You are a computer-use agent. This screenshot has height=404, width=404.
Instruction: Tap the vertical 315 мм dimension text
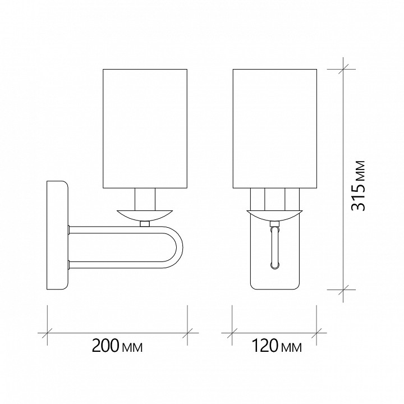point(359,186)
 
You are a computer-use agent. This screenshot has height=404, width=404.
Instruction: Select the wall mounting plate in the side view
point(57,235)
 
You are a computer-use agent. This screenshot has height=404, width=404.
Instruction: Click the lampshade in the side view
point(145,128)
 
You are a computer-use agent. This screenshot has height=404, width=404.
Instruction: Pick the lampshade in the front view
point(274,128)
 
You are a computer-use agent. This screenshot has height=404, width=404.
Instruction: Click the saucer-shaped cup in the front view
point(274,215)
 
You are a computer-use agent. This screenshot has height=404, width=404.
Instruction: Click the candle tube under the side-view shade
point(145,199)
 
